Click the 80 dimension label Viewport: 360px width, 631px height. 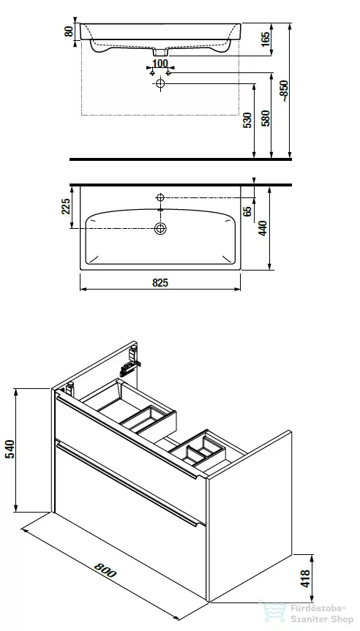(x=70, y=31)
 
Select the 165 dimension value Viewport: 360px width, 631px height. (x=266, y=39)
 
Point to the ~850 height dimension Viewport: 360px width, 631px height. (x=285, y=91)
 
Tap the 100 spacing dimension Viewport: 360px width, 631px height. (x=160, y=63)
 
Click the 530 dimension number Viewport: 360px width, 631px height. (x=248, y=121)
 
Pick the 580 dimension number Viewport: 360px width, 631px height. (x=266, y=118)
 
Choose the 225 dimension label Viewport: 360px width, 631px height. (x=66, y=206)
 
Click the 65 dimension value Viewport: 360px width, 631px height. (x=248, y=211)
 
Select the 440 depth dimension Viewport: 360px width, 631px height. (x=263, y=228)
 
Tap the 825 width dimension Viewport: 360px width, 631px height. (x=160, y=282)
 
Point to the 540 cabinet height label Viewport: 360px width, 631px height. (x=10, y=449)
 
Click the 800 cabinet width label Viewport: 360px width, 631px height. (x=105, y=570)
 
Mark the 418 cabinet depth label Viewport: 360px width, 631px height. (x=306, y=578)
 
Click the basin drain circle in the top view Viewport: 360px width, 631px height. (x=160, y=229)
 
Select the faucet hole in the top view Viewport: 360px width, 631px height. (x=160, y=197)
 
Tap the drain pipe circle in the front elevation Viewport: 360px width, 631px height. (x=160, y=83)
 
